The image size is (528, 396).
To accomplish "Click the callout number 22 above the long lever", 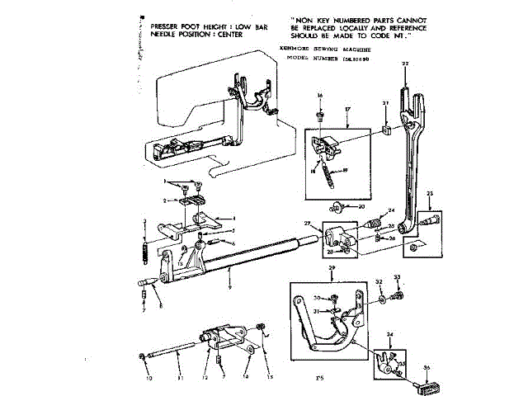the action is click(404, 64).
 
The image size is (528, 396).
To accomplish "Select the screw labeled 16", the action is click(319, 115).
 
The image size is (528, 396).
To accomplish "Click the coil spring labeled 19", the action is click(329, 174).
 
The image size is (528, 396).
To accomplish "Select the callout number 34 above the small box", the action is click(390, 335).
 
